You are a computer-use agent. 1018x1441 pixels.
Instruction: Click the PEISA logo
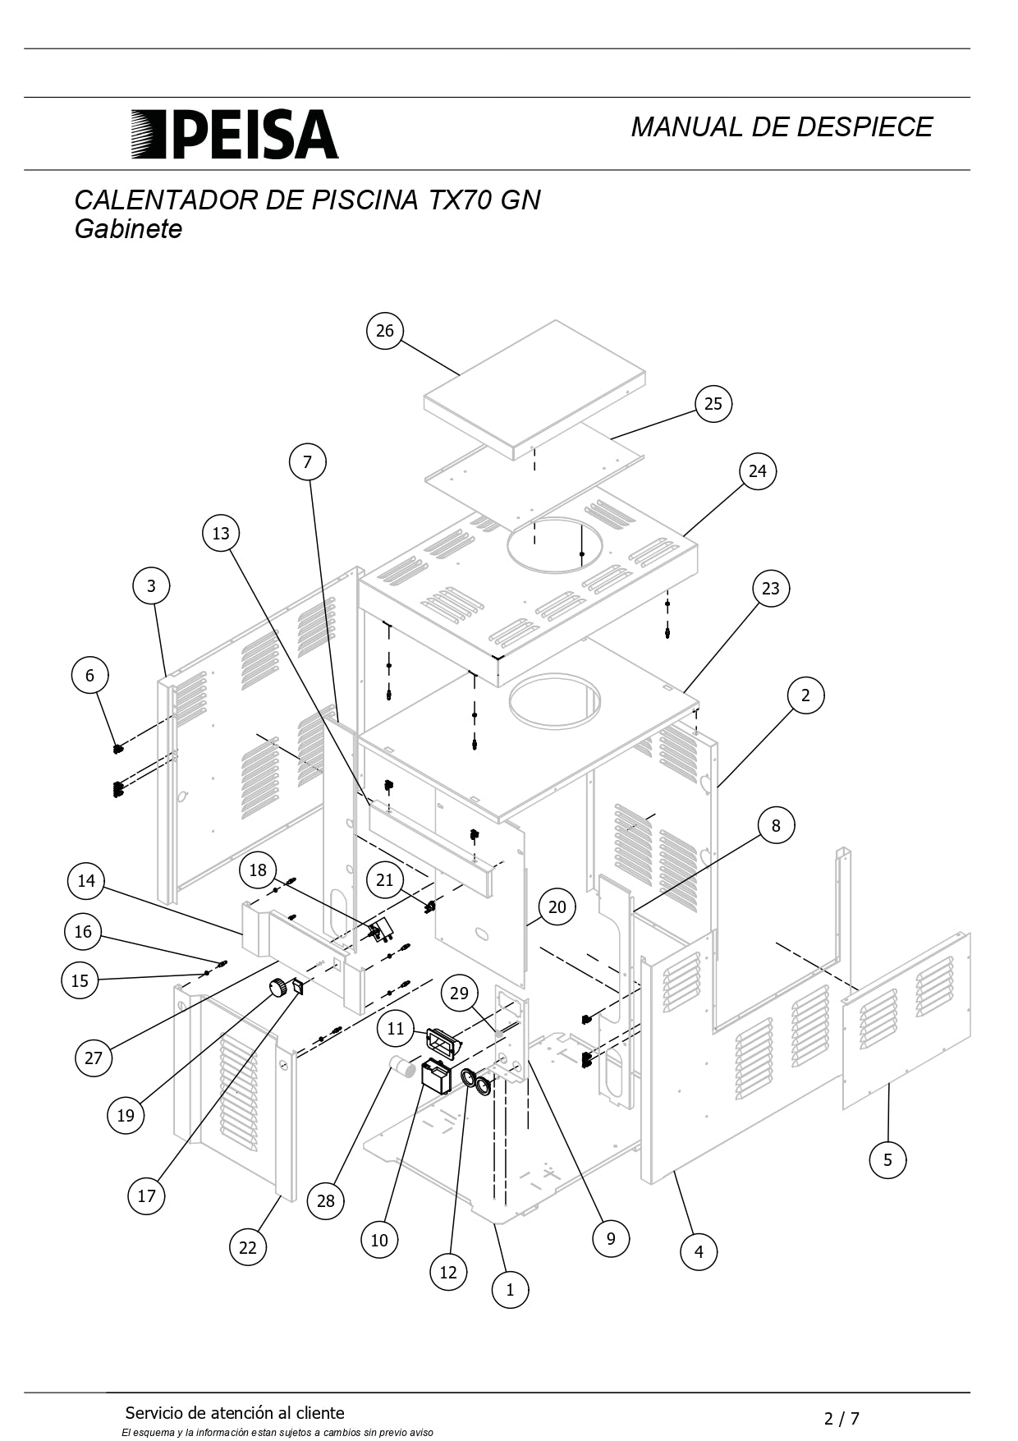coord(235,134)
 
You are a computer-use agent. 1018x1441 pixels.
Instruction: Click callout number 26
coord(385,331)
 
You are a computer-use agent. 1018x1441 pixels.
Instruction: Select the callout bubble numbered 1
coord(510,1289)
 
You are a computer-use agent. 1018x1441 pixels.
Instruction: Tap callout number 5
coord(887,1159)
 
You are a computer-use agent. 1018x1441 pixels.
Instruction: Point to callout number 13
coord(221,533)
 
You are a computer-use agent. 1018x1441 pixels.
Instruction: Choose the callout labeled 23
coord(770,588)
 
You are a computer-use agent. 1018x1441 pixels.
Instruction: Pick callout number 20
coord(557,907)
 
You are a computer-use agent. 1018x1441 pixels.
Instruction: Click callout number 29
coord(459,993)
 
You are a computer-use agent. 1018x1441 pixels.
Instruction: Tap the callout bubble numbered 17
coord(146,1195)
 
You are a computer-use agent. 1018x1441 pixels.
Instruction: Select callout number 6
coord(89,675)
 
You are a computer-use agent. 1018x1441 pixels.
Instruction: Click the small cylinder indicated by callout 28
coord(402,1067)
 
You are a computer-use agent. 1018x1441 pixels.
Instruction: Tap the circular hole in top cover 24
coord(555,544)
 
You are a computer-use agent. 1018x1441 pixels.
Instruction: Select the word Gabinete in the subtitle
coord(128,229)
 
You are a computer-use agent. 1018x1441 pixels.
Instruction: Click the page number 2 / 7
coord(842,1418)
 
